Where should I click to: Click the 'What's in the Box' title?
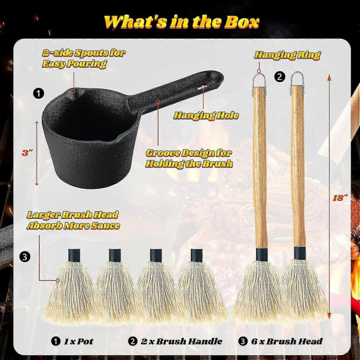point(181,22)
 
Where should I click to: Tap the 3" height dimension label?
point(27,153)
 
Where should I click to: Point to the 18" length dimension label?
point(340,198)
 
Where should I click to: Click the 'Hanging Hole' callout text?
point(206,116)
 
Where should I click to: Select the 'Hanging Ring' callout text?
point(287,55)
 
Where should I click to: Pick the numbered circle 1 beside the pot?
point(39,93)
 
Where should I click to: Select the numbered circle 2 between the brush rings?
point(280,77)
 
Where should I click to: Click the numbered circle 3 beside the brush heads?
point(25,256)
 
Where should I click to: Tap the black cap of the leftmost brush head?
point(75,255)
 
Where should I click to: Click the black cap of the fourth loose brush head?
point(196,255)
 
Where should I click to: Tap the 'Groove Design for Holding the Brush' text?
point(189,159)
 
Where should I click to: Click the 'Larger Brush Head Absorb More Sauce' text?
point(73,220)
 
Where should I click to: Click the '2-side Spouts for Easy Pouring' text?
point(84,58)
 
